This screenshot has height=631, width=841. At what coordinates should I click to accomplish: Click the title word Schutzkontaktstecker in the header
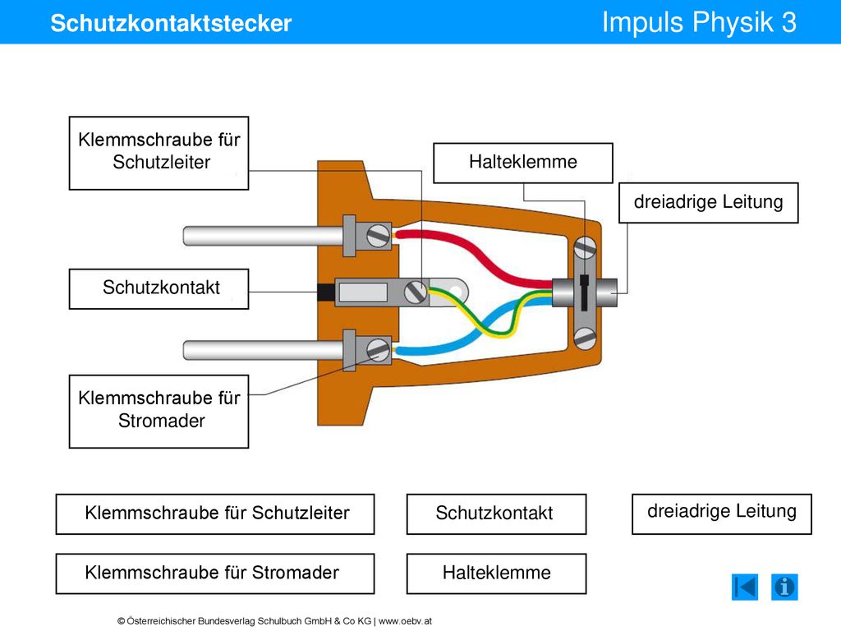(171, 23)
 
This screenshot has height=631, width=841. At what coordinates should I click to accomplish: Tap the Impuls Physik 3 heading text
(699, 22)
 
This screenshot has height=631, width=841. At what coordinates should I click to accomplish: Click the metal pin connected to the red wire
(263, 236)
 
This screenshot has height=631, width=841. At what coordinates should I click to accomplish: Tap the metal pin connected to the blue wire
(263, 350)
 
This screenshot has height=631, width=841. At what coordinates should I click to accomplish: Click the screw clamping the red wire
(378, 236)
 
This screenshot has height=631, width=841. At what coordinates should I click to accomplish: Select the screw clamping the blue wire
(378, 350)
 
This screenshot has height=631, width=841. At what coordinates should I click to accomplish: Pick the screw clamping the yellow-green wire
(416, 292)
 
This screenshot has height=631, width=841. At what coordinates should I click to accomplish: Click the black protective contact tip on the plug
(325, 292)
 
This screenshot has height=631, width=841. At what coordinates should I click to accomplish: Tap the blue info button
(784, 587)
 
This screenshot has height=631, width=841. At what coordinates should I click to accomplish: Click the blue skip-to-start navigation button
(745, 587)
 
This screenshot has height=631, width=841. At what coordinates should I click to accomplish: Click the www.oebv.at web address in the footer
(405, 621)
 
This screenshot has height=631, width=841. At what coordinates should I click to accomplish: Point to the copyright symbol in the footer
(122, 621)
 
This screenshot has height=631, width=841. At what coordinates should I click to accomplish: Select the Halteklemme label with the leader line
(523, 163)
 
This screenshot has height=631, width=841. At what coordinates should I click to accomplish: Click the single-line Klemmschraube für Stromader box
(215, 573)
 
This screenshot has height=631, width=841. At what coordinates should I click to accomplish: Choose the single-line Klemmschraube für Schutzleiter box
(215, 514)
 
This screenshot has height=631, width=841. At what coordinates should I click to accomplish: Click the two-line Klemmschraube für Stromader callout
(159, 412)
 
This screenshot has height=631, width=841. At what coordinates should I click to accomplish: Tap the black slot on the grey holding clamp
(584, 292)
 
